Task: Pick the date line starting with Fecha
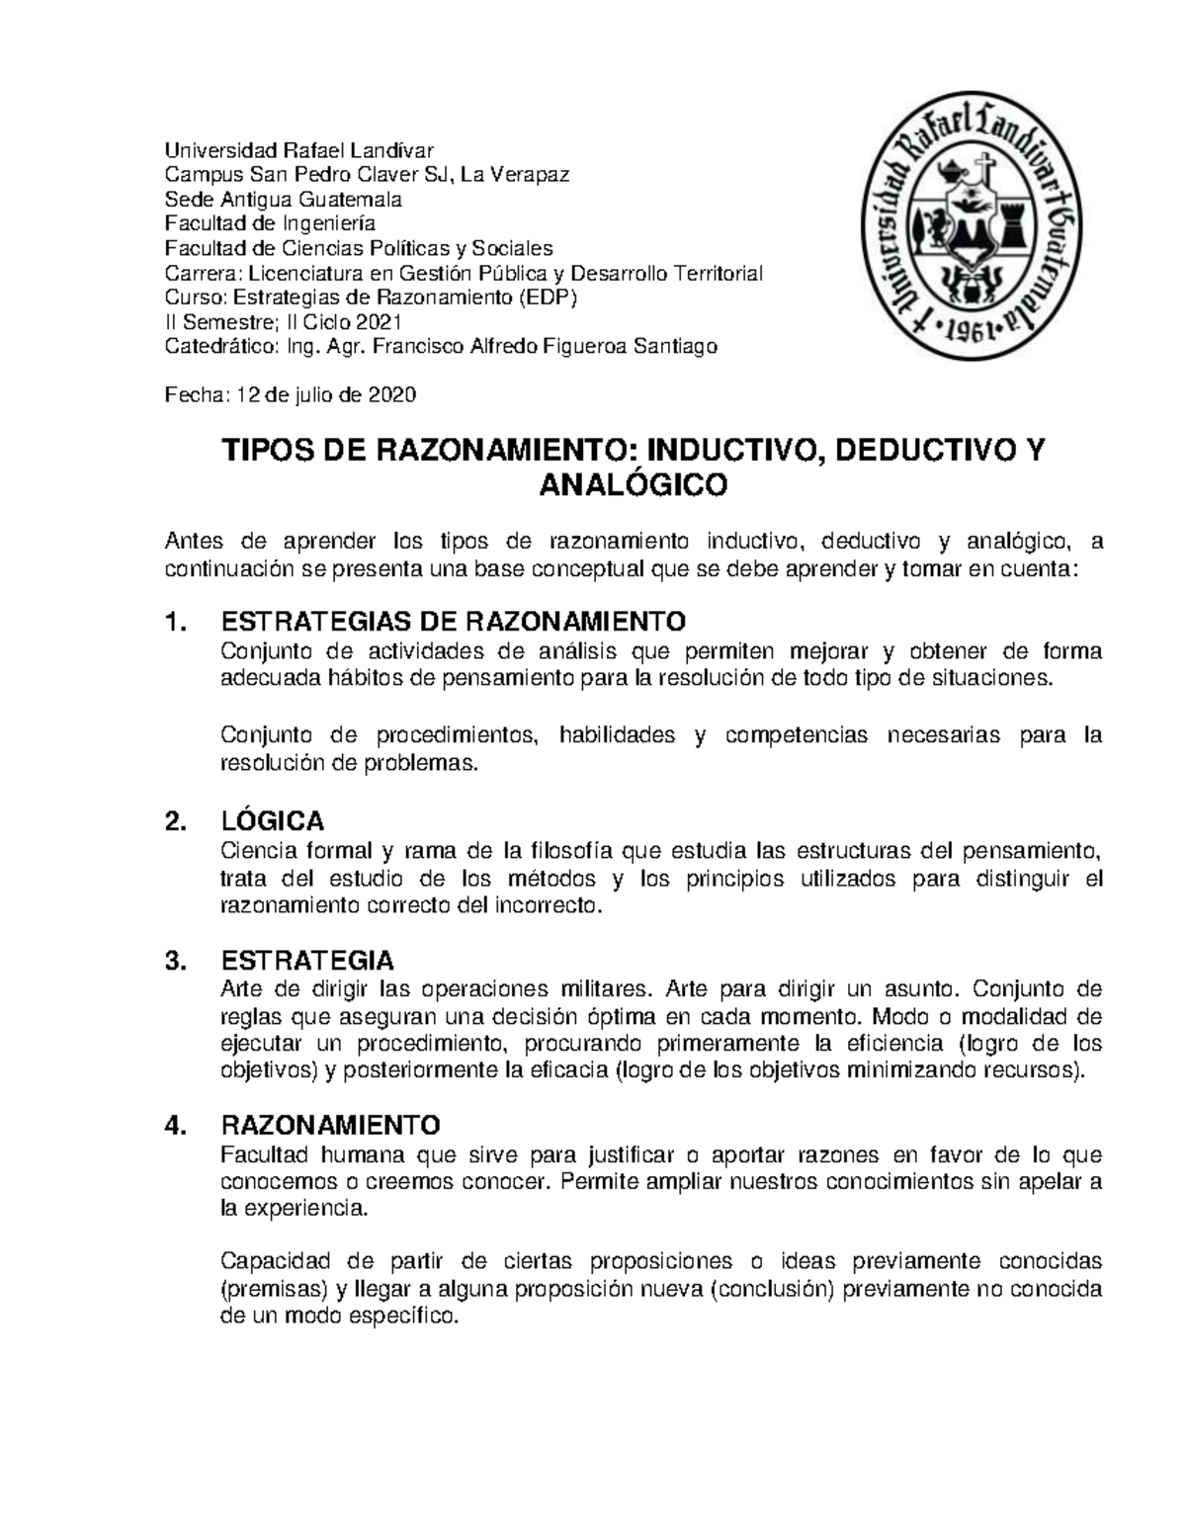291,395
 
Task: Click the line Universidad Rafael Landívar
298,151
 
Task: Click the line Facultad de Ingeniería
269,224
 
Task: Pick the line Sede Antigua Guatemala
283,200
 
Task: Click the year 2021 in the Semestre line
380,322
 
